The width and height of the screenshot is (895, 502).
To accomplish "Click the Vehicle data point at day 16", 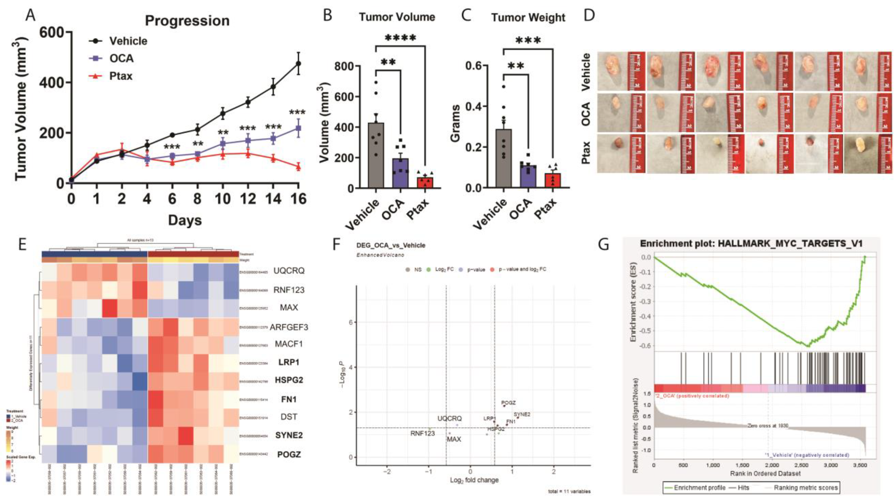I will pyautogui.click(x=298, y=63).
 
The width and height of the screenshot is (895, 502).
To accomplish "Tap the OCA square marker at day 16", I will pyautogui.click(x=298, y=128).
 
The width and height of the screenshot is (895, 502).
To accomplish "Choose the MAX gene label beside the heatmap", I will pyautogui.click(x=289, y=307).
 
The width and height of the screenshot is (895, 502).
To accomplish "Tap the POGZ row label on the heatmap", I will pyautogui.click(x=289, y=454).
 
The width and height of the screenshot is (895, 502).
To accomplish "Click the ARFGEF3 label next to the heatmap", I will pyautogui.click(x=289, y=327).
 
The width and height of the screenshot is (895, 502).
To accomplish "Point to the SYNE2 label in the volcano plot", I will pyautogui.click(x=522, y=414).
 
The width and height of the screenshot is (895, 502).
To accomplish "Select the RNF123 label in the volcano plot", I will pyautogui.click(x=423, y=434).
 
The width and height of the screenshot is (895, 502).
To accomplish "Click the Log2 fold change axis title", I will pyautogui.click(x=474, y=480).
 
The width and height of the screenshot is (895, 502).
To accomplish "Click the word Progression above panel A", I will pyautogui.click(x=187, y=21).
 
